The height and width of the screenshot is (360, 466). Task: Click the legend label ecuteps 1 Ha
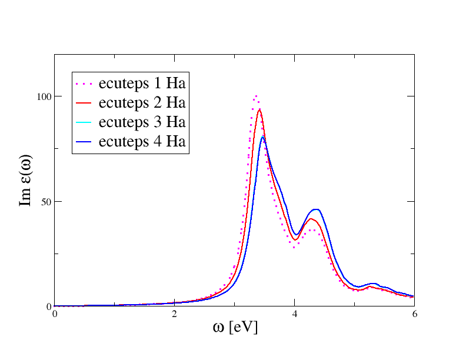[x=142, y=83]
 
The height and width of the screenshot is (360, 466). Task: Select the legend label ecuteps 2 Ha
[x=142, y=103]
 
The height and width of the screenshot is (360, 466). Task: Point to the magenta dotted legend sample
[x=85, y=84]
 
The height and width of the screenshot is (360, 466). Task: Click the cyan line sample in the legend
[x=85, y=123]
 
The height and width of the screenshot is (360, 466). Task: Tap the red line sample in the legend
[x=85, y=104]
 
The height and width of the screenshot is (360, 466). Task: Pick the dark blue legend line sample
[x=85, y=142]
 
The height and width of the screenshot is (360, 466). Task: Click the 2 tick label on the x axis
[x=174, y=314]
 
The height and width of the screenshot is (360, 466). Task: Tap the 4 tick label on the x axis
[x=294, y=314]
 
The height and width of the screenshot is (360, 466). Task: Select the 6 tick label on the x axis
[x=414, y=314]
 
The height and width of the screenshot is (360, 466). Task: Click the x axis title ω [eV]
[x=235, y=328]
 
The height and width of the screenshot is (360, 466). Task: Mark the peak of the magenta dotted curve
[x=256, y=96]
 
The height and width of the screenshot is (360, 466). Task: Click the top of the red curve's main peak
[x=259, y=109]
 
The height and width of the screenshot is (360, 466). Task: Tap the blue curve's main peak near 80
[x=263, y=136]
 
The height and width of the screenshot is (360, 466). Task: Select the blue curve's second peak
[x=317, y=209]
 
